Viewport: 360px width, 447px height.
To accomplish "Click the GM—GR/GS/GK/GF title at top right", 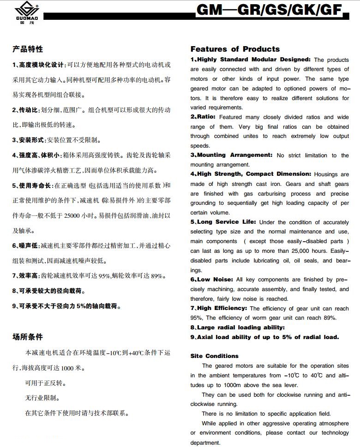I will pyautogui.click(x=270, y=11).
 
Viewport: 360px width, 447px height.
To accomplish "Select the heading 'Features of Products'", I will pyautogui.click(x=235, y=49).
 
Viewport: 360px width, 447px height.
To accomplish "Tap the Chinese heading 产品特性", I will pyautogui.click(x=28, y=49).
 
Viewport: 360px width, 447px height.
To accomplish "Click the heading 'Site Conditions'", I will pyautogui.click(x=215, y=356).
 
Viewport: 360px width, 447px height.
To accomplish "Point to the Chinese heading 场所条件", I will pyautogui.click(x=28, y=337).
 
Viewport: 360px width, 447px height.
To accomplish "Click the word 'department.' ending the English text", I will pyautogui.click(x=205, y=442).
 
